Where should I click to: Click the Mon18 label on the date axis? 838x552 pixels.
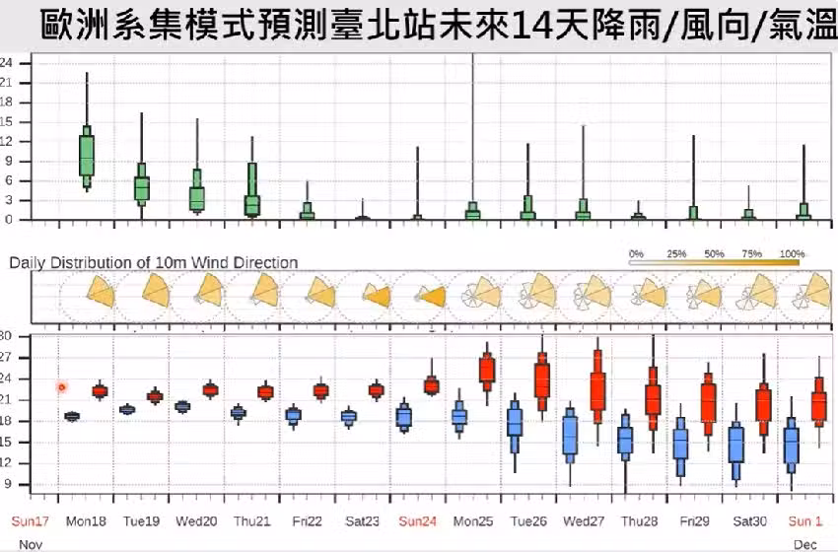point(86,520)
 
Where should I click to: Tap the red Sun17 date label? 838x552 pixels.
point(30,520)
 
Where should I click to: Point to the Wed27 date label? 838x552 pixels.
point(584,520)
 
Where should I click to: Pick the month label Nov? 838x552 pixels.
point(31,543)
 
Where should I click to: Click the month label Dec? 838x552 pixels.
point(804,543)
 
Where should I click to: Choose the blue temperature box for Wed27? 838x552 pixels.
point(570,434)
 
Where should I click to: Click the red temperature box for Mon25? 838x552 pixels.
point(486,370)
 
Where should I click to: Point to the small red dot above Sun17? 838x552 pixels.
point(62,387)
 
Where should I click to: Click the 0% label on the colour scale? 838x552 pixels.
point(636,253)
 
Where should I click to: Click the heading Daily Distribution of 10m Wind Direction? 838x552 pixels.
point(154,262)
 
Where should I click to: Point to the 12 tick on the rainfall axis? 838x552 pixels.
point(7,141)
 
